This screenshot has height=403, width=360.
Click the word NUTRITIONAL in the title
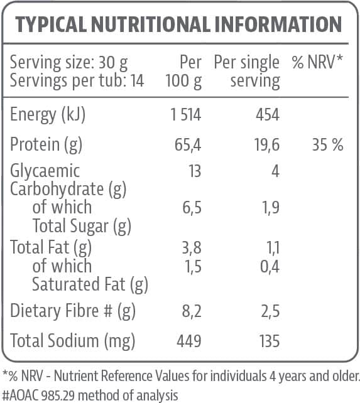(x=150, y=24)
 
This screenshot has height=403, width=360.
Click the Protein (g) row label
(x=46, y=144)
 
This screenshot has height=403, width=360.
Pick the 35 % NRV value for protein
(x=327, y=144)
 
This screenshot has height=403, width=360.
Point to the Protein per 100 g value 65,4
(x=187, y=144)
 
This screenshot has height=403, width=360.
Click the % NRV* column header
(x=317, y=63)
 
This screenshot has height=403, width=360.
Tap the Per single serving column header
(x=247, y=72)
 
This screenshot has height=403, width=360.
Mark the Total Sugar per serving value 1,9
(x=270, y=208)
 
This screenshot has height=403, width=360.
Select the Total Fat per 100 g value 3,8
(x=191, y=247)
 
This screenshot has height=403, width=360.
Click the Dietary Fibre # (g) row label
(x=73, y=311)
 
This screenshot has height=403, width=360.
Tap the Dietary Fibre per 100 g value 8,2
(x=190, y=311)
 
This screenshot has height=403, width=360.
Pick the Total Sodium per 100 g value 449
(x=188, y=341)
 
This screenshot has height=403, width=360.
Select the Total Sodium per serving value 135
(x=268, y=341)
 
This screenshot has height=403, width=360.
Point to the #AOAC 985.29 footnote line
(x=90, y=395)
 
